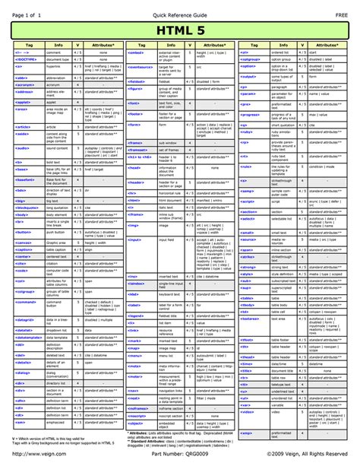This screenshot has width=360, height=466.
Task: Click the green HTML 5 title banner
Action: tap(180, 30)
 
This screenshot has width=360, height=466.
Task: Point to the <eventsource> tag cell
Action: tap(140, 68)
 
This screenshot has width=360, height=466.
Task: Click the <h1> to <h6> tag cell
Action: tap(140, 157)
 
